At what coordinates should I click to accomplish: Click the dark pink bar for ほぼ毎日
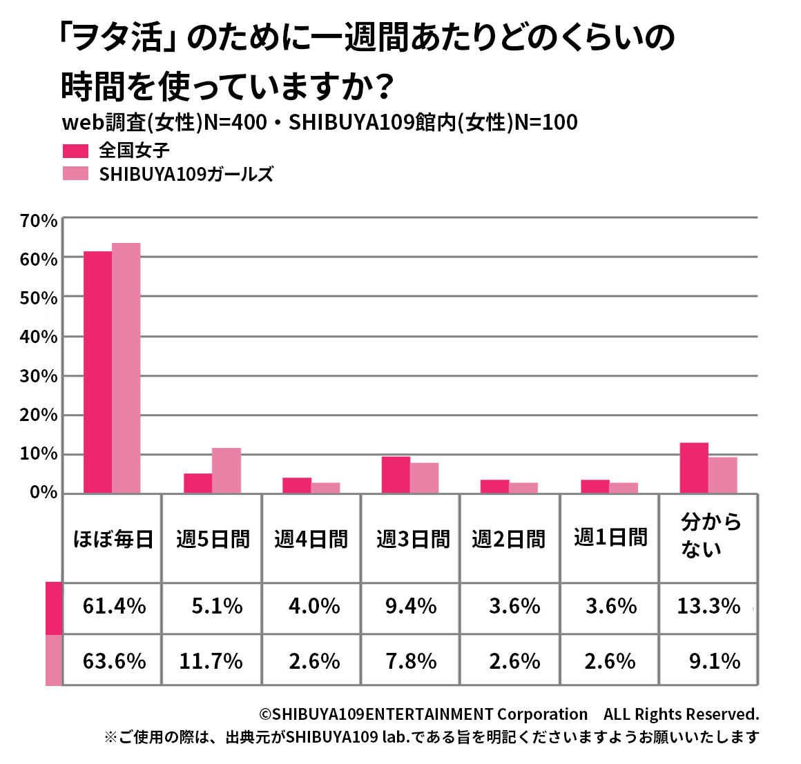(97, 372)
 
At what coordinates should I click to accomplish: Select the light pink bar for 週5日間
(226, 471)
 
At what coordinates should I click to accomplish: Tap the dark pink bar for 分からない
(694, 468)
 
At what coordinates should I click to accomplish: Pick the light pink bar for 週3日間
(424, 478)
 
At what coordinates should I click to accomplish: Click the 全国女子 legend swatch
(75, 150)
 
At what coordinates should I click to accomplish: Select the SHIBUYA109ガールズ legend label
(186, 174)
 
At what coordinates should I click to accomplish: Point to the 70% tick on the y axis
(39, 221)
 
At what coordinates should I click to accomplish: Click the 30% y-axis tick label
(39, 376)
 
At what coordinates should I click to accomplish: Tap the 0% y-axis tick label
(44, 493)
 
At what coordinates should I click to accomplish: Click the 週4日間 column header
(311, 539)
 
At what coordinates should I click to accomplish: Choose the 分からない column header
(709, 536)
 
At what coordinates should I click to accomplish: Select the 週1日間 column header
(610, 538)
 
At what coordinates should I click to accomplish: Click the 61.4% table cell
(114, 607)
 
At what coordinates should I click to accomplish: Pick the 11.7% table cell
(211, 661)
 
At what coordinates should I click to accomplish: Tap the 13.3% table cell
(708, 607)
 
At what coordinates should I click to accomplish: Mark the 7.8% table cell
(411, 661)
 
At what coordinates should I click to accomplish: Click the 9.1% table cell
(715, 661)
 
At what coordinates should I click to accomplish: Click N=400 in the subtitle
(235, 122)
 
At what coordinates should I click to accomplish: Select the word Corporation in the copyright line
(542, 714)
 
